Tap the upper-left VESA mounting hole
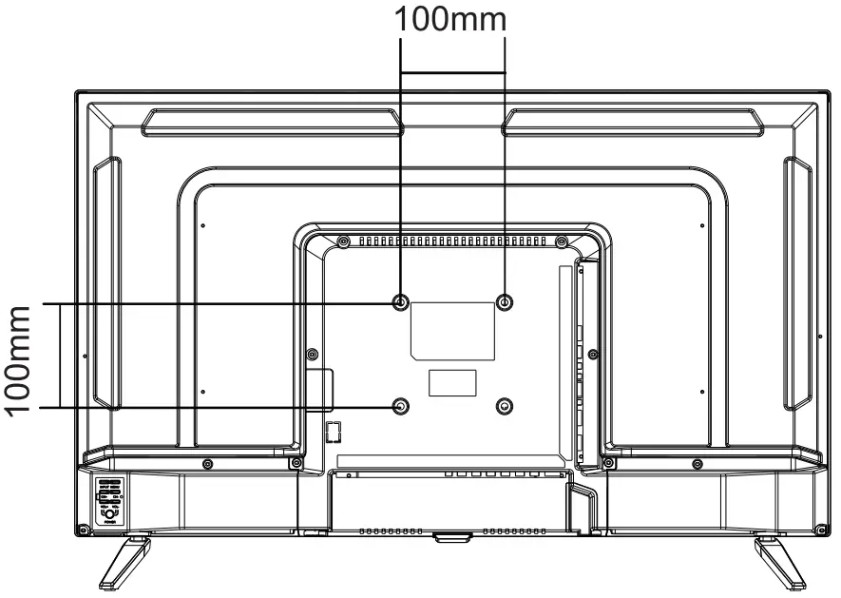pyautogui.click(x=400, y=302)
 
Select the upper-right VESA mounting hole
pyautogui.click(x=505, y=302)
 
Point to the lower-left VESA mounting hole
pyautogui.click(x=400, y=406)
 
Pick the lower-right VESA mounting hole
pyautogui.click(x=505, y=406)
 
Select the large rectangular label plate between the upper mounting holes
pyautogui.click(x=452, y=330)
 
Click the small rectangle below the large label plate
pyautogui.click(x=451, y=382)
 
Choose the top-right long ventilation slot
pyautogui.click(x=632, y=121)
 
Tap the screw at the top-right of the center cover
pyautogui.click(x=562, y=241)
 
